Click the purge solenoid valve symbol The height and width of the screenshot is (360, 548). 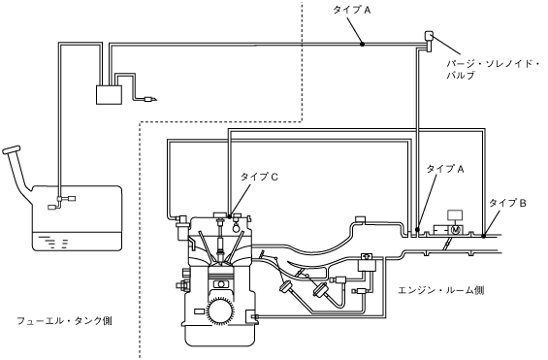[429, 41]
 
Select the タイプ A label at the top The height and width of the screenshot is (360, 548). [351, 10]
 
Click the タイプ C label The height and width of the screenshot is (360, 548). [259, 177]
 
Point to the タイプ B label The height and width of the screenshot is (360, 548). [507, 203]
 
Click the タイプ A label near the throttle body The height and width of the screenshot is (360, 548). [445, 169]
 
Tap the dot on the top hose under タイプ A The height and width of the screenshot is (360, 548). [363, 44]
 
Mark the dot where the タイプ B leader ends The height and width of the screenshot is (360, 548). [483, 236]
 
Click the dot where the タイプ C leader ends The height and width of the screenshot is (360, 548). [230, 216]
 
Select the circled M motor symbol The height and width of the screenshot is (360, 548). [455, 230]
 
